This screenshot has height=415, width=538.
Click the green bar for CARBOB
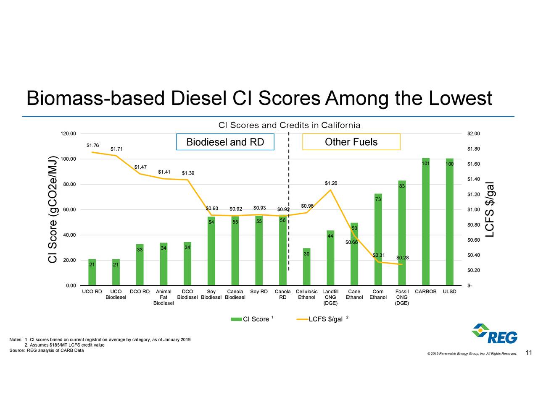(x=426, y=222)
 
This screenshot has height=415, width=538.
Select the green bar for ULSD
(x=449, y=222)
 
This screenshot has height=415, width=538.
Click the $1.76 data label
(x=92, y=146)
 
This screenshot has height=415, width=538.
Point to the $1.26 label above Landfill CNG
(x=331, y=183)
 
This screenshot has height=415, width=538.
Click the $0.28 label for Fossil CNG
(x=403, y=258)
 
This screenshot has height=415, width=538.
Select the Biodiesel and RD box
(x=225, y=142)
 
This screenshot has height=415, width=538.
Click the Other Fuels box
(x=351, y=142)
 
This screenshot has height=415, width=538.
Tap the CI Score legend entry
(x=252, y=319)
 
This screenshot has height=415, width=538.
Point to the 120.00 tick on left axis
(x=69, y=134)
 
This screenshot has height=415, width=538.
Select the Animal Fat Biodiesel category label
(x=164, y=297)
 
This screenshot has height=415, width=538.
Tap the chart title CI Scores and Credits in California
(x=289, y=125)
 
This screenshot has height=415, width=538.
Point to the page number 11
(x=529, y=353)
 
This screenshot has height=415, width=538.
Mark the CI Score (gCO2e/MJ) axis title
(x=52, y=209)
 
